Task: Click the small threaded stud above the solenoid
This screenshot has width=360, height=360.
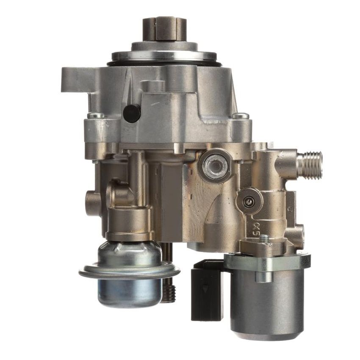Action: pos(265,239)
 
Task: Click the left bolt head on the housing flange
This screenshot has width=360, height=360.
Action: pos(95,116)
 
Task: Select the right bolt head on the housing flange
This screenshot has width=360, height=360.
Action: pos(241,116)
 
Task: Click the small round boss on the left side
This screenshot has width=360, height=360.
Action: pos(92,203)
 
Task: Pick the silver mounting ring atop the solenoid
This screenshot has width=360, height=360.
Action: pos(267,261)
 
